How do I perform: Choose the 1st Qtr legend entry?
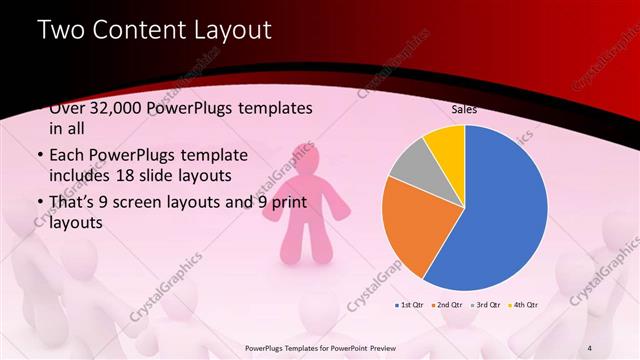click(411, 303)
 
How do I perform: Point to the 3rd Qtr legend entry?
click(488, 303)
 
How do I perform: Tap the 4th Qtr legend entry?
click(525, 303)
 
